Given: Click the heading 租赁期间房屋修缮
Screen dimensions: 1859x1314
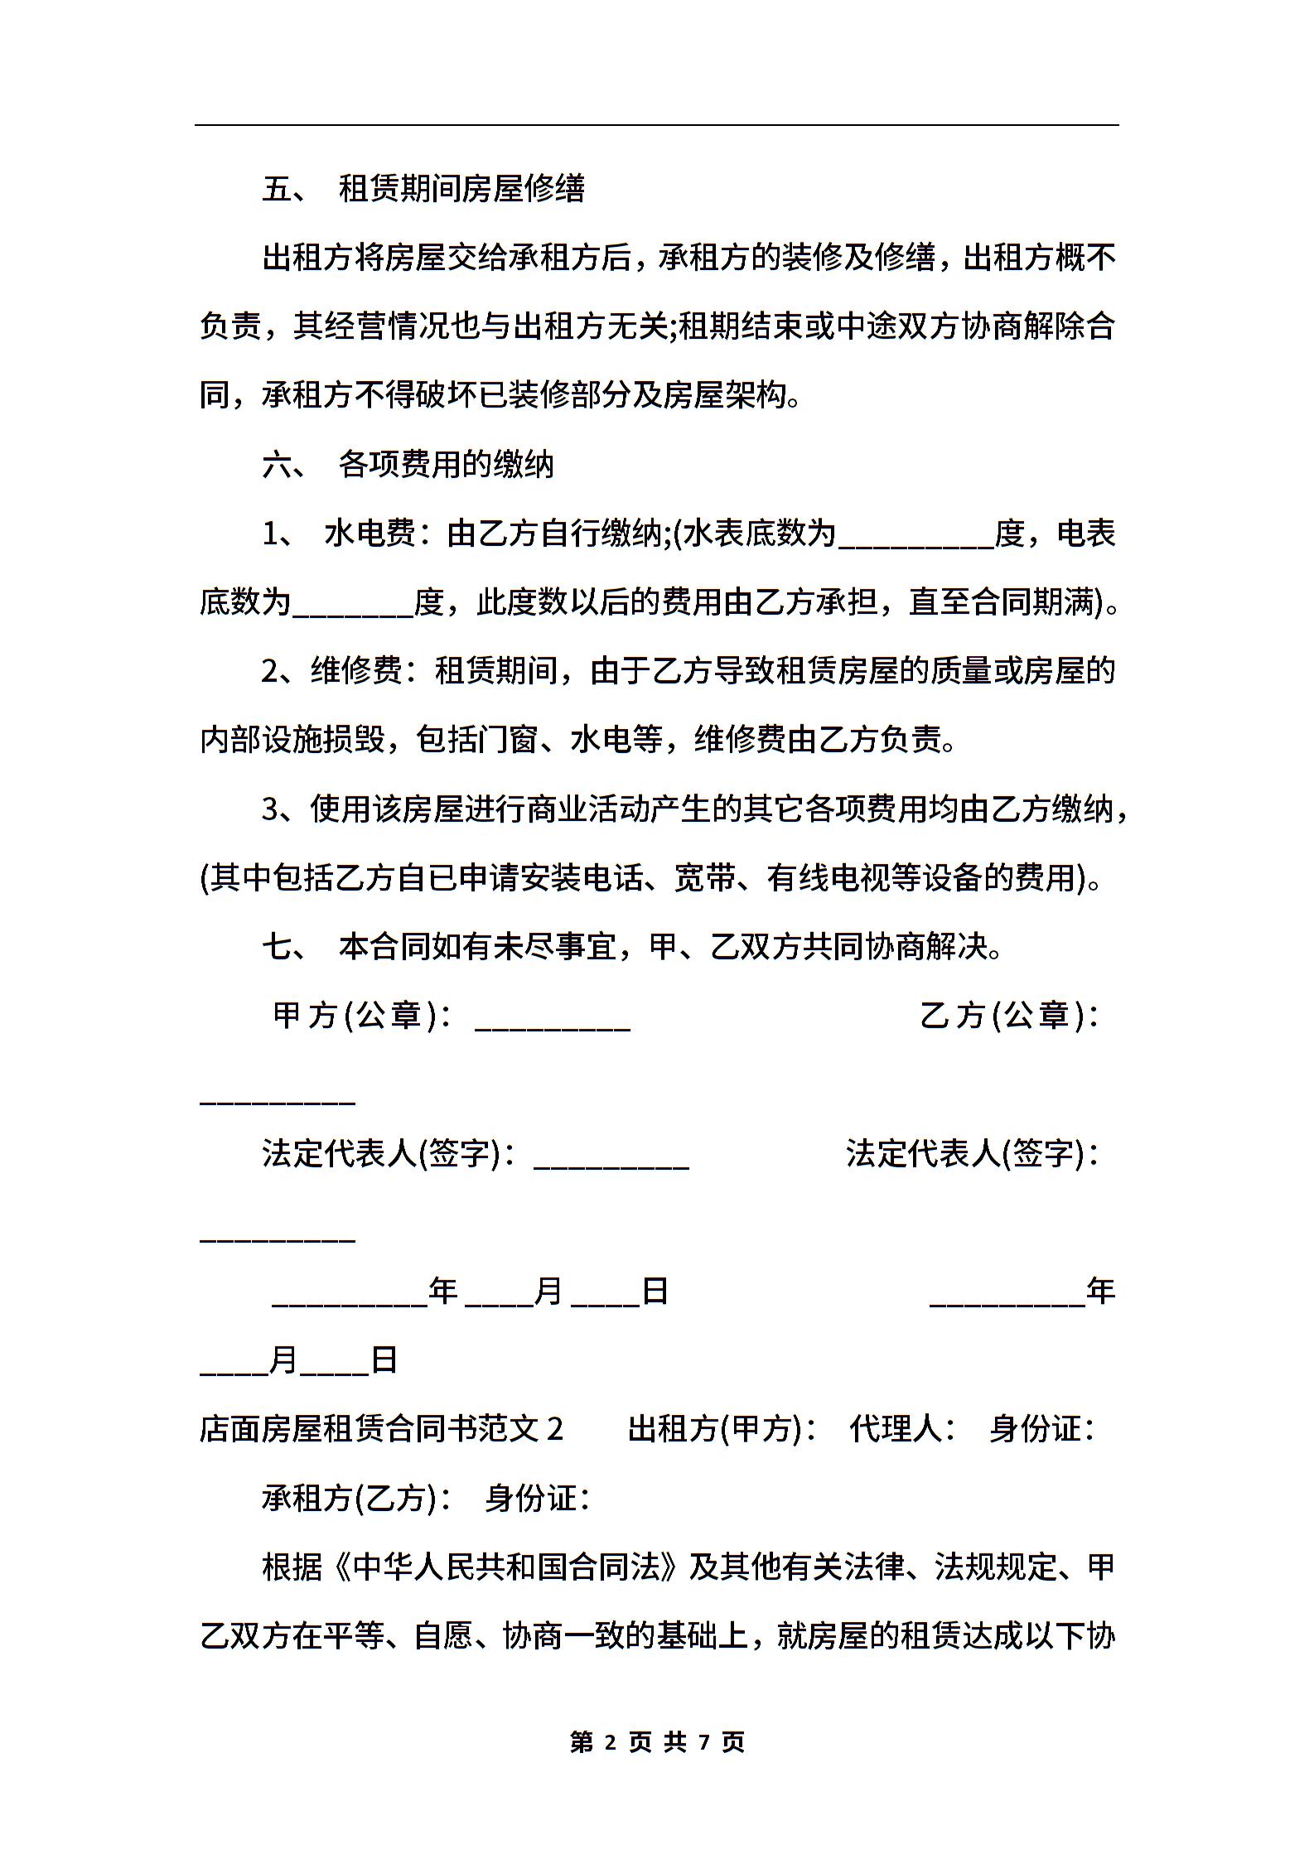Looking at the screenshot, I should click(461, 189).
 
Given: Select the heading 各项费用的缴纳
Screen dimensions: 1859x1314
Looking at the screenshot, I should click(446, 465).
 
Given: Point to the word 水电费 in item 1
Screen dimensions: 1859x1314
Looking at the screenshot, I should click(370, 534).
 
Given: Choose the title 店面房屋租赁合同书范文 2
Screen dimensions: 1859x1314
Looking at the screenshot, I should click(381, 1428).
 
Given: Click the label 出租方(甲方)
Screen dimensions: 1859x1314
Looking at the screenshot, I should click(715, 1428).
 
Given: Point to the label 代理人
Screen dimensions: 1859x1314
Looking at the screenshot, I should click(896, 1428).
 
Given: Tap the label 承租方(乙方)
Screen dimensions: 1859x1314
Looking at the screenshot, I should click(349, 1497).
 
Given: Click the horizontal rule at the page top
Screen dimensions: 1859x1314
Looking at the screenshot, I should click(657, 125).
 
